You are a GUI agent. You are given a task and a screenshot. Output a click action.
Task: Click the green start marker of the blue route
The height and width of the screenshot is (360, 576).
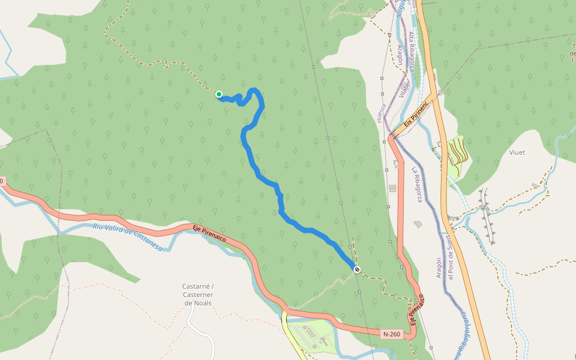pyautogui.click(x=219, y=94)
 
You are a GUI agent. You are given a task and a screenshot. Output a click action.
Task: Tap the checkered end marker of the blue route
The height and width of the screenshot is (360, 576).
pyautogui.click(x=357, y=269)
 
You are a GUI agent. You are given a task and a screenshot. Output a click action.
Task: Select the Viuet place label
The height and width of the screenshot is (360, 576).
pyautogui.click(x=517, y=152)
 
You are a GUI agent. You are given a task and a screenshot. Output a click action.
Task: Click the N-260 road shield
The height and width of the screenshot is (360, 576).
pyautogui.click(x=391, y=334)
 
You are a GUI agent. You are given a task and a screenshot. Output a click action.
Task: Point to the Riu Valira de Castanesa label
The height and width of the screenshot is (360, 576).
pyautogui.click(x=128, y=235)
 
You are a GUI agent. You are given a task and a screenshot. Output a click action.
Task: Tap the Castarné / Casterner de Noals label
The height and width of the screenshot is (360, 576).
pyautogui.click(x=198, y=295)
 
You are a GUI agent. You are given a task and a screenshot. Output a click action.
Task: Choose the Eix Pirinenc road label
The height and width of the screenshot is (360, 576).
pyautogui.click(x=416, y=114)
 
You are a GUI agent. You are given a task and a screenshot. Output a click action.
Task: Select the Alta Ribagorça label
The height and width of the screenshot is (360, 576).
pyautogui.click(x=412, y=52)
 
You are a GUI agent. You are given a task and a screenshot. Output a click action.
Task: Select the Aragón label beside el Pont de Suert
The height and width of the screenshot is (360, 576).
pyautogui.click(x=439, y=271)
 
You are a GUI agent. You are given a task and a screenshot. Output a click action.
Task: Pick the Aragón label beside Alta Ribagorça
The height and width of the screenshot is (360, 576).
pyautogui.click(x=400, y=55)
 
